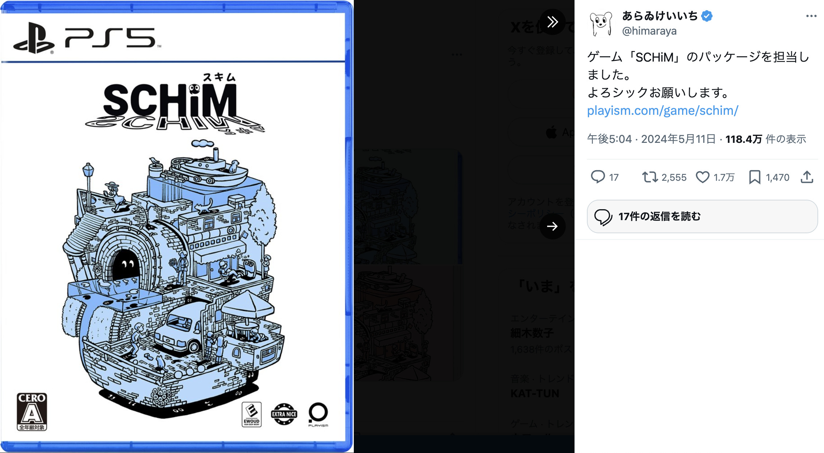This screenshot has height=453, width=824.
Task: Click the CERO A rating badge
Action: tap(32, 411)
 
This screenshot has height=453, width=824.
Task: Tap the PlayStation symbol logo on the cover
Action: tap(34, 38)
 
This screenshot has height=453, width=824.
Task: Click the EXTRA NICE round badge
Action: tap(284, 414)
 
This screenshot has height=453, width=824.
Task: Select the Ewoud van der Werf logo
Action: tap(252, 414)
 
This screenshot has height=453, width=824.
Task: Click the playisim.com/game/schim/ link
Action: tap(662, 110)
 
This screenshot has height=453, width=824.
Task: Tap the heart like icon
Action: tap(703, 177)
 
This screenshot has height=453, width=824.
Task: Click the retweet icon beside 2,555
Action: tap(650, 177)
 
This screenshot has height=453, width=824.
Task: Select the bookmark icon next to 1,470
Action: tap(754, 177)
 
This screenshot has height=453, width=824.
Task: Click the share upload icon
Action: tap(807, 177)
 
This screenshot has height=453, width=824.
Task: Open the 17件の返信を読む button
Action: tap(702, 216)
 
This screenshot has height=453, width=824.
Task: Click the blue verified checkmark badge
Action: tap(707, 16)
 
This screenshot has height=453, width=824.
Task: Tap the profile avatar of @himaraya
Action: tap(601, 24)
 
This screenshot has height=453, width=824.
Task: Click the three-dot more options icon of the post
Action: tap(811, 16)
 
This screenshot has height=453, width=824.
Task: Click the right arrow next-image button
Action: tap(553, 226)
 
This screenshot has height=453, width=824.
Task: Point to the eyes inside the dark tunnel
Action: tap(127, 263)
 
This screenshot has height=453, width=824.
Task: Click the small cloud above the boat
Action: tap(202, 143)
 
